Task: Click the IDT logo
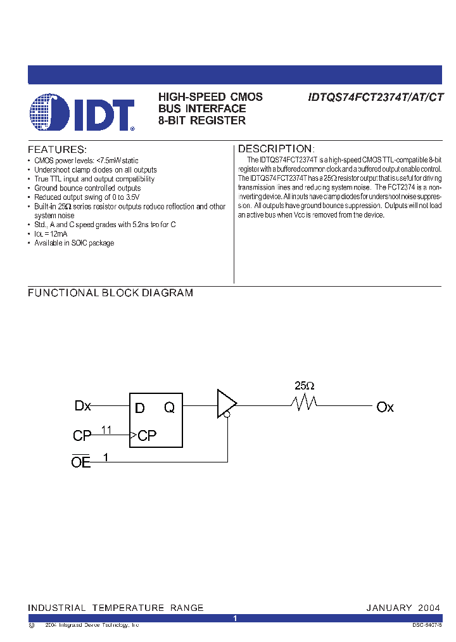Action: tap(82, 113)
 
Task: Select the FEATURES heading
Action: tap(57, 150)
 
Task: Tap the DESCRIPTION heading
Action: tap(275, 149)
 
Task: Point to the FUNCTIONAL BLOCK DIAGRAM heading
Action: tap(110, 293)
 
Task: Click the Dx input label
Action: tap(83, 406)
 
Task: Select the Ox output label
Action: tap(385, 407)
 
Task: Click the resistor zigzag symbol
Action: tap(304, 403)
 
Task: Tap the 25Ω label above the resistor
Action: tap(304, 386)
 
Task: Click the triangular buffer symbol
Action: tap(225, 403)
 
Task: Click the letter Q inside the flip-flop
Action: tap(169, 408)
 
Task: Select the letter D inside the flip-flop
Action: tap(140, 408)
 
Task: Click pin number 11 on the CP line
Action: tap(106, 429)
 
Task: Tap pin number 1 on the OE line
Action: tap(106, 456)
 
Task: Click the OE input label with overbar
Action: tap(81, 462)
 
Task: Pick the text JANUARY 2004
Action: tap(403, 608)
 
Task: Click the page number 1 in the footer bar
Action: tap(234, 618)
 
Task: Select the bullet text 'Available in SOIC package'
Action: tap(74, 244)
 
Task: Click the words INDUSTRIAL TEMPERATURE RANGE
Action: tap(116, 608)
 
